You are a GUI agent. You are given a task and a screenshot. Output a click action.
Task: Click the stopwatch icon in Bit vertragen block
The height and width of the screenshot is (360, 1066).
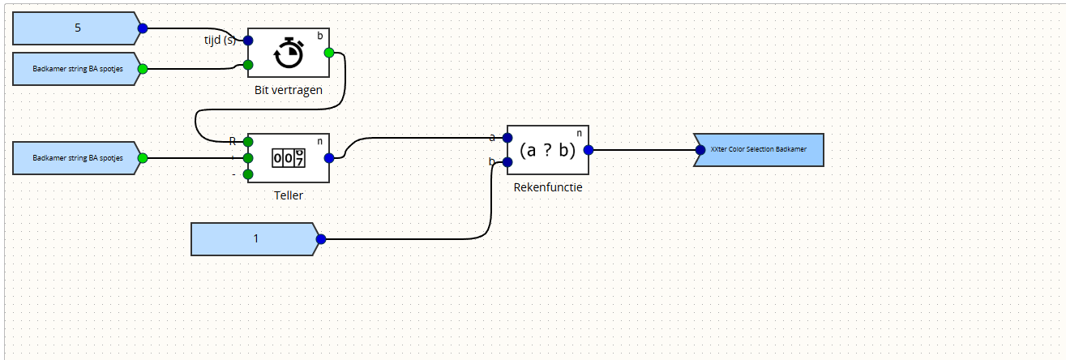[x=289, y=54]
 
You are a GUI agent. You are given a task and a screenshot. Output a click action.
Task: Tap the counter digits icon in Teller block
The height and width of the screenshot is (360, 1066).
[x=289, y=158]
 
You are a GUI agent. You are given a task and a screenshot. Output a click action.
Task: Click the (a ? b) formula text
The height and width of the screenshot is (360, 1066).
[x=548, y=150]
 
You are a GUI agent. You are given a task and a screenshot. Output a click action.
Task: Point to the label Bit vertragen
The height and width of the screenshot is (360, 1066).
[x=289, y=90]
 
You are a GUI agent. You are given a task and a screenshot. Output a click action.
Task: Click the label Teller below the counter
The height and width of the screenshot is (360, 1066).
[x=289, y=195]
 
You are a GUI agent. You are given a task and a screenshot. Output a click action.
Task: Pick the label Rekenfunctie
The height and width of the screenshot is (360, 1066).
[x=548, y=187]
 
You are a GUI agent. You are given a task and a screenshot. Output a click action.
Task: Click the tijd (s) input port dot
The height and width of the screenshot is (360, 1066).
[x=248, y=41]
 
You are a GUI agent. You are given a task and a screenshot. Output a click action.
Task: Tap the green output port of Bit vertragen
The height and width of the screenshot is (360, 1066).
[x=329, y=53]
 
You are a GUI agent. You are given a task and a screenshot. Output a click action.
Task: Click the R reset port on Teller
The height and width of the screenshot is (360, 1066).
[x=248, y=142]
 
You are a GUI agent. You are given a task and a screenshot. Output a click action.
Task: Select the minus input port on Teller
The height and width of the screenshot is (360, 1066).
[x=248, y=174]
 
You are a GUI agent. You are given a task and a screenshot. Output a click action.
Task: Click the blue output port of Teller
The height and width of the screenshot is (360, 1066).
[x=329, y=158]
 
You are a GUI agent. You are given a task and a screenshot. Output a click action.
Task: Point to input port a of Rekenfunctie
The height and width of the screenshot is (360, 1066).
[x=507, y=138]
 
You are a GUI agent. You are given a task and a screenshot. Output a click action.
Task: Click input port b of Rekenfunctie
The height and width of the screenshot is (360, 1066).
[x=507, y=162]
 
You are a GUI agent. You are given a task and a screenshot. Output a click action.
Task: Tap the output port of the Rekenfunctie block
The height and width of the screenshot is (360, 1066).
[x=589, y=150]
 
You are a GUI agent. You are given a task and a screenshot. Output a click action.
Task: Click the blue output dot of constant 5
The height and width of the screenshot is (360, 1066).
[x=143, y=28]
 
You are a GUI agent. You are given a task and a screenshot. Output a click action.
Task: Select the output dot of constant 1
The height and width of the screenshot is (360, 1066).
[x=321, y=239]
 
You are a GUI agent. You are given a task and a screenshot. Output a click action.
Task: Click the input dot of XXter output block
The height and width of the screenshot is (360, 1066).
[x=700, y=150]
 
